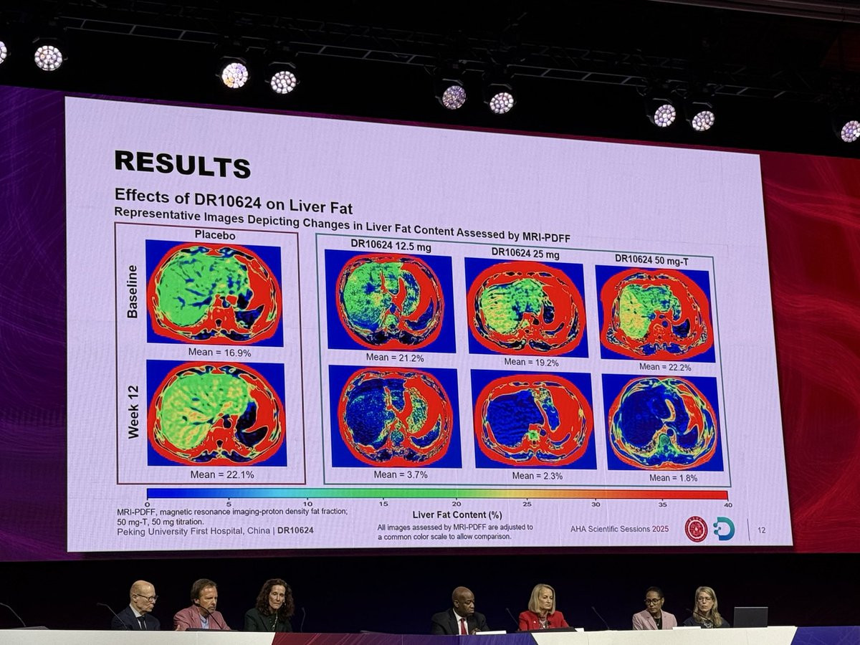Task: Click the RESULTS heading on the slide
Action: pyautogui.click(x=182, y=163)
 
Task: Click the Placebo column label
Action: pyautogui.click(x=214, y=234)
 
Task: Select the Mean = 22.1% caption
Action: pyautogui.click(x=221, y=474)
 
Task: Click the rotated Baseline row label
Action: pyautogui.click(x=132, y=291)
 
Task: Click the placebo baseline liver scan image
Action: pyautogui.click(x=214, y=292)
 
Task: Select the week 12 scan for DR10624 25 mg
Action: pyautogui.click(x=533, y=419)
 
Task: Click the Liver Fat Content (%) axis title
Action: pyautogui.click(x=457, y=515)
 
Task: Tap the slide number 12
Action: pyautogui.click(x=761, y=530)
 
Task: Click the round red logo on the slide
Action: pyautogui.click(x=695, y=529)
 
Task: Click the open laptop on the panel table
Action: pyautogui.click(x=750, y=617)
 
